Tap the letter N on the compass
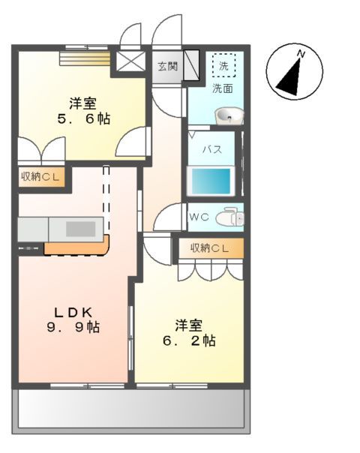tap(301, 54)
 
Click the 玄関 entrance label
tap(167, 66)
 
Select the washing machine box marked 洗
tap(223, 66)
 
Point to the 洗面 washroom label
tap(222, 88)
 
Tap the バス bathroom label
tap(212, 148)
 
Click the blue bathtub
tap(211, 181)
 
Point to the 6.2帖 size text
tap(189, 340)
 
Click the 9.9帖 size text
tap(73, 327)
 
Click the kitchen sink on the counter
tap(82, 228)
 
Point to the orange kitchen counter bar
tap(78, 246)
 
